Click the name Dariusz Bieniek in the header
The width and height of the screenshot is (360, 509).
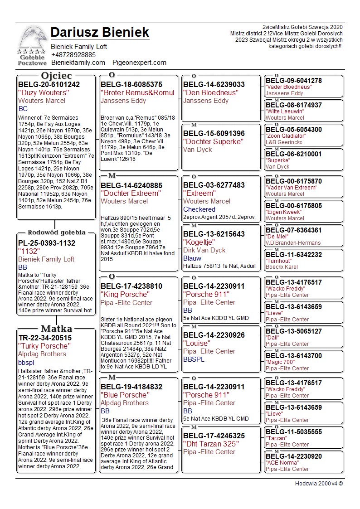click(100, 32)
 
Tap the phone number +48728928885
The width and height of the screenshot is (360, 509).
click(73, 54)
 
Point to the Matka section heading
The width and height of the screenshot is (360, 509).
click(56, 329)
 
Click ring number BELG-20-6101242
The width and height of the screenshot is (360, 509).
click(49, 84)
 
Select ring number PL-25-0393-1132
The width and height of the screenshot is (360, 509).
click(47, 243)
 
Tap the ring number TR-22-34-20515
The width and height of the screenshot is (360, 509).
click(45, 338)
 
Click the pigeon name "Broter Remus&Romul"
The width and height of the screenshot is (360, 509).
click(137, 92)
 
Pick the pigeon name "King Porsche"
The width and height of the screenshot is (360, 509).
click(125, 294)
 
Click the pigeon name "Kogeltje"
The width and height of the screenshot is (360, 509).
click(199, 242)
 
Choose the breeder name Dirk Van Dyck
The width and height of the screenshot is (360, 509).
click(204, 250)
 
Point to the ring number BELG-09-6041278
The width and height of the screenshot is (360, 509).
click(293, 81)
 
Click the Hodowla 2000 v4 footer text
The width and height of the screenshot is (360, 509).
click(319, 484)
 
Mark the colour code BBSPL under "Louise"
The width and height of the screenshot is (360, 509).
click(194, 359)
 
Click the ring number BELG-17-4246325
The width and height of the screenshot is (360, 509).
click(214, 436)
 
